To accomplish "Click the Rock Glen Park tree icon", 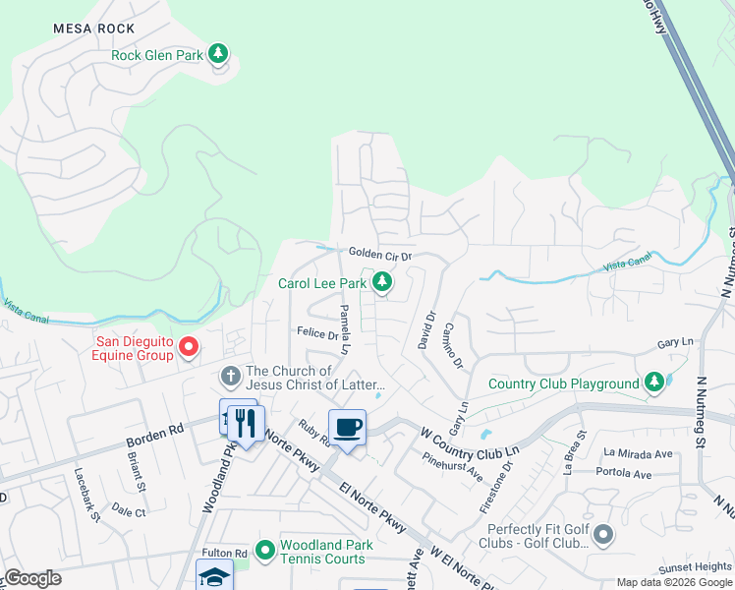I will [219, 55].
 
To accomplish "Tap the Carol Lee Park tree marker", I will [382, 284].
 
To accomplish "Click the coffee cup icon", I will [347, 427].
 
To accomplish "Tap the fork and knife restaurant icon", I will [245, 425].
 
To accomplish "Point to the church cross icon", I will [230, 377].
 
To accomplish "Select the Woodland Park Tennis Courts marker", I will [264, 551].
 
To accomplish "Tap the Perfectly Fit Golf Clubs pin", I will [602, 535].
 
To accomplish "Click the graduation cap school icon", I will [213, 576].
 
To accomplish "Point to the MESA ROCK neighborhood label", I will [94, 29].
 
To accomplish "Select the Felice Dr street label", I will [318, 334].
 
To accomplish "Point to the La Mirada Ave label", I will [638, 453].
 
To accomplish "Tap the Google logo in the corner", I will [32, 577].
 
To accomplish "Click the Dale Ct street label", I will [129, 511].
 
